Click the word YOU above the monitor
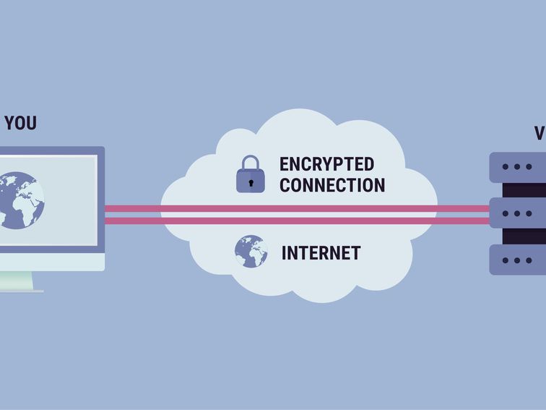pos(20,123)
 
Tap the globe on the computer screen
pos(21,200)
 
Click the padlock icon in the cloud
pos(251,175)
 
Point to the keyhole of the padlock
pos(251,181)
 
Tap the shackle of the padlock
pos(251,163)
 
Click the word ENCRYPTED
pos(326,164)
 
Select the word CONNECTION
pos(332,185)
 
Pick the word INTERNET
pos(321,253)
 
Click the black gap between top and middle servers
pos(524,190)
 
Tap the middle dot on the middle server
pos(517,214)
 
